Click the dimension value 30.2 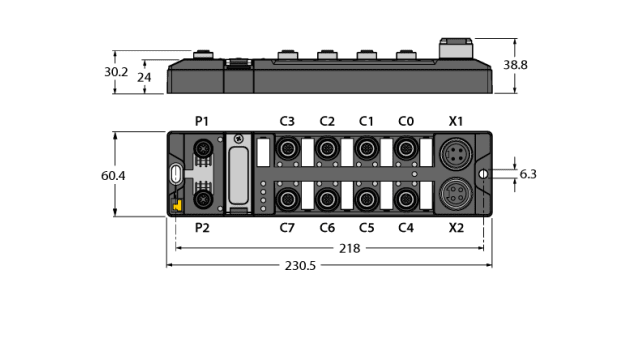(117, 72)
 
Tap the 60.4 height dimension (113, 175)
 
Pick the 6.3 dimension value (529, 174)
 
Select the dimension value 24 (144, 77)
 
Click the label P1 (202, 121)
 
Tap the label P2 (202, 228)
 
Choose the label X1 (456, 121)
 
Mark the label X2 (456, 228)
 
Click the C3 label (287, 121)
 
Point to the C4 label (406, 228)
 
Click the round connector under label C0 (406, 149)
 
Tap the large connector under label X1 (456, 153)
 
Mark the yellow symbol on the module (176, 205)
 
